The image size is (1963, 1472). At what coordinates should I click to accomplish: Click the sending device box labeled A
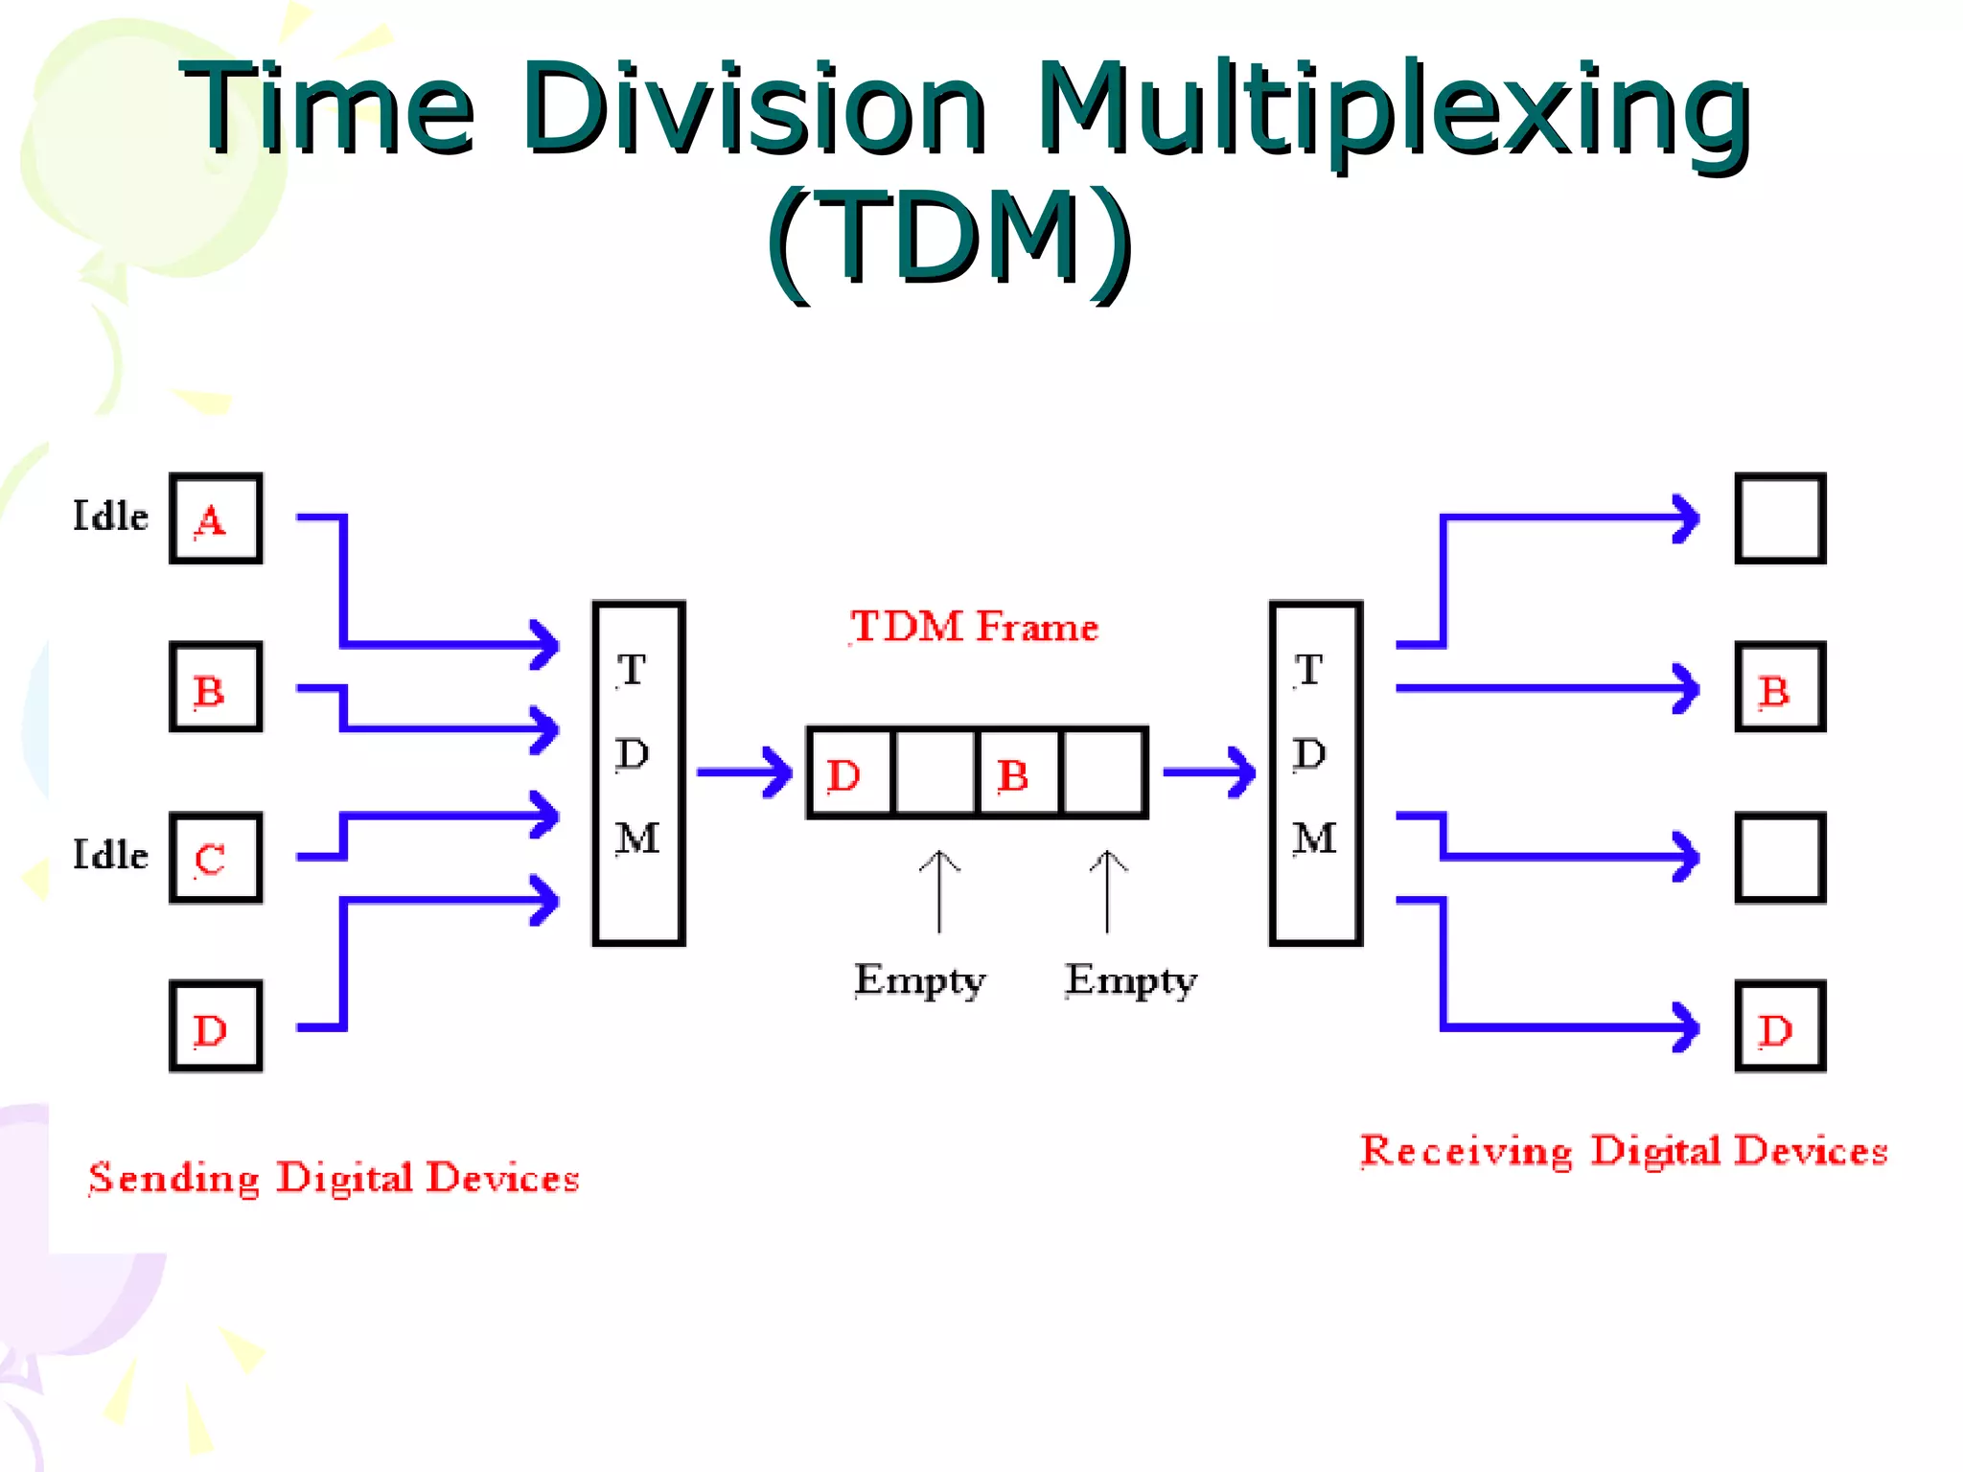[216, 518]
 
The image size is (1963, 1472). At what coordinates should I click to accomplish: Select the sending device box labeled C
[216, 858]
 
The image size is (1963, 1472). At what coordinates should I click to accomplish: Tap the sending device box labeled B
[216, 687]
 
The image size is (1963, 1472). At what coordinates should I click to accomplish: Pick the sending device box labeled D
[216, 1026]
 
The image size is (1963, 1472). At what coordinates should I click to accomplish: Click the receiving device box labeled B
[1780, 687]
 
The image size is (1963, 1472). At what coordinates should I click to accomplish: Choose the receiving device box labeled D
[1780, 1026]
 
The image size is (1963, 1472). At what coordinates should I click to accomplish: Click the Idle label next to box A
[110, 517]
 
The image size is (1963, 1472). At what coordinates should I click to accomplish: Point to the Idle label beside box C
[110, 855]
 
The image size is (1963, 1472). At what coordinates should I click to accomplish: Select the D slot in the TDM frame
[849, 773]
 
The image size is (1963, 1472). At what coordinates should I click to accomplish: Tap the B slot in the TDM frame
[1018, 773]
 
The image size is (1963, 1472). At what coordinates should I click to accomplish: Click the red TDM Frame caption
[974, 627]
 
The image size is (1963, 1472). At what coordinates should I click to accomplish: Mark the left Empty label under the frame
[919, 980]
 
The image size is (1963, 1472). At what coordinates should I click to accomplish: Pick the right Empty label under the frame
[1131, 980]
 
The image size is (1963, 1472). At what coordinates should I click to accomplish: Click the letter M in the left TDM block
[637, 839]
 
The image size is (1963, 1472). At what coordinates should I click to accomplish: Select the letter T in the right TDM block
[1309, 670]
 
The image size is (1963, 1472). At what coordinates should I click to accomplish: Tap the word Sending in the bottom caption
[173, 1179]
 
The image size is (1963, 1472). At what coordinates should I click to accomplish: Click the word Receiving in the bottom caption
[1466, 1152]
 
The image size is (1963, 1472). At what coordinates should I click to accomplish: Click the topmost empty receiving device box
[1780, 518]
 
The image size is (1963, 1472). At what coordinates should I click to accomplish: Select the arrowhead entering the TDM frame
[778, 772]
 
